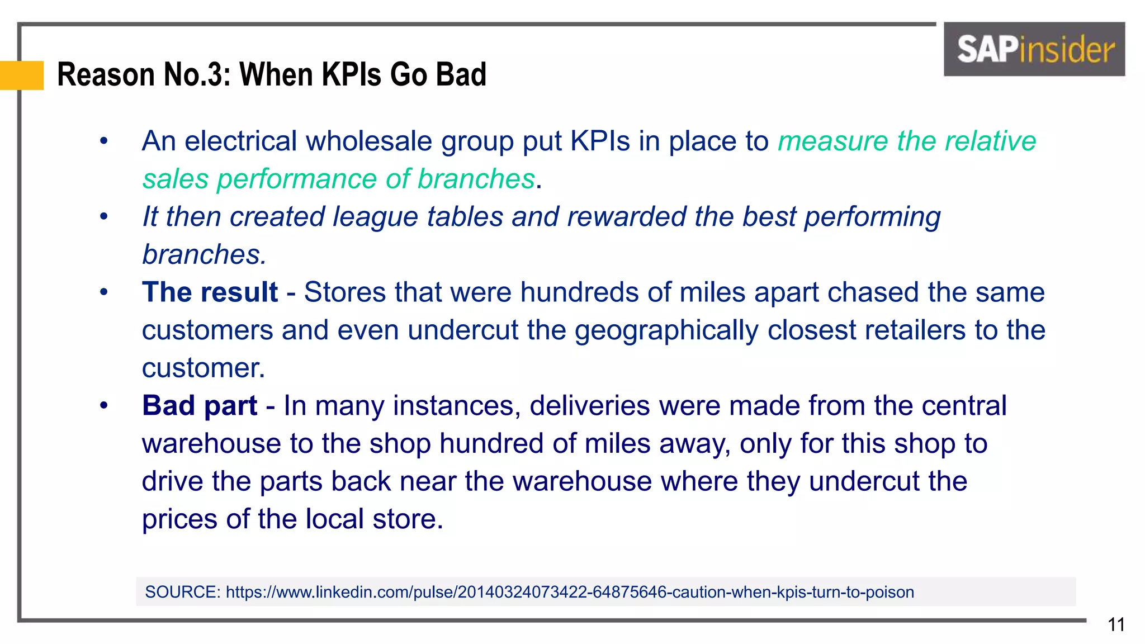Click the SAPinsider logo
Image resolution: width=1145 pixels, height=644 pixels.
pyautogui.click(x=1034, y=49)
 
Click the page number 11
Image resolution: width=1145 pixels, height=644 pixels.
pyautogui.click(x=1116, y=624)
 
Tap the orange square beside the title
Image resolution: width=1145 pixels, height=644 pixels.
pyautogui.click(x=22, y=75)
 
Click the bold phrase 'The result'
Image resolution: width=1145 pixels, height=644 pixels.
pyautogui.click(x=210, y=292)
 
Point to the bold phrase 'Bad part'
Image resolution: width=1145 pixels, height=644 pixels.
pyautogui.click(x=200, y=406)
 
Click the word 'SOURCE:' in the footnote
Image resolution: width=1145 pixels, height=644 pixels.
pyautogui.click(x=183, y=592)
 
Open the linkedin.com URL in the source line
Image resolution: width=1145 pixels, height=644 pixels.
pyautogui.click(x=570, y=592)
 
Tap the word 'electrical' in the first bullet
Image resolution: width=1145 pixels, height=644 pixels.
pyautogui.click(x=240, y=141)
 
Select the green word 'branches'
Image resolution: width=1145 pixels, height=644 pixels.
pyautogui.click(x=476, y=179)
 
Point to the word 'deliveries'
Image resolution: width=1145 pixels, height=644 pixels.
pyautogui.click(x=589, y=406)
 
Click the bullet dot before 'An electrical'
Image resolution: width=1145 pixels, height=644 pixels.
pyautogui.click(x=103, y=141)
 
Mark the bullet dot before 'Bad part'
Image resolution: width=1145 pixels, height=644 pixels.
pyautogui.click(x=103, y=406)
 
